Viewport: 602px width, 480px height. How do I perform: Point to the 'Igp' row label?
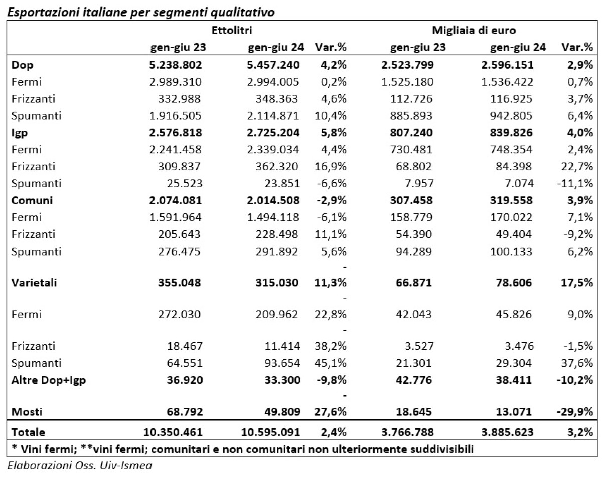[x=19, y=132]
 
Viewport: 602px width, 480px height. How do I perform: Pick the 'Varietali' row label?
[x=34, y=283]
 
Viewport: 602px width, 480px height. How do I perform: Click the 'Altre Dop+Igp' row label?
[x=49, y=380]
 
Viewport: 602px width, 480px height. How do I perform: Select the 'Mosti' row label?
[x=27, y=412]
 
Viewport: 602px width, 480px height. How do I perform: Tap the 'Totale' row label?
[x=28, y=432]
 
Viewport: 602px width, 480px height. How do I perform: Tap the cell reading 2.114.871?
[x=274, y=116]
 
